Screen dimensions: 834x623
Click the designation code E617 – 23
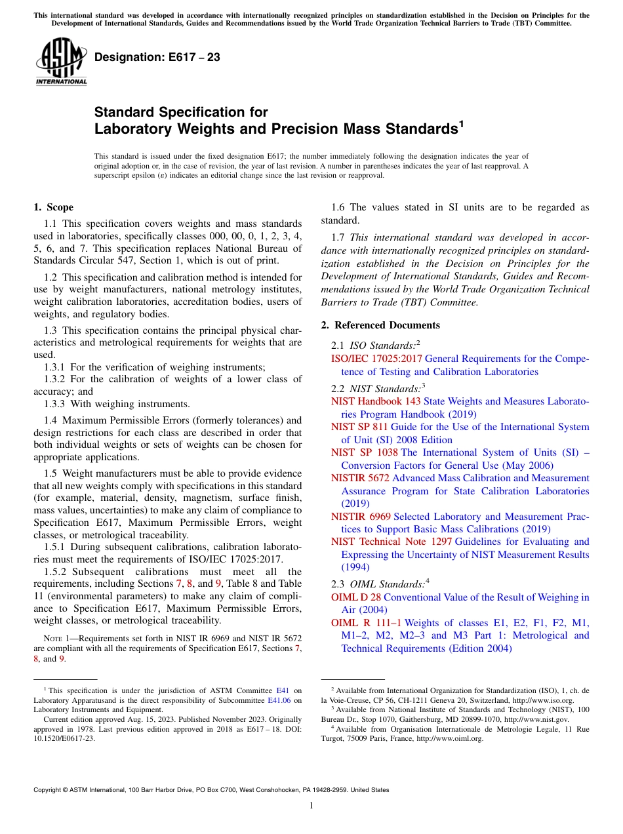157,58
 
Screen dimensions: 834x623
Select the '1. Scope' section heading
53,207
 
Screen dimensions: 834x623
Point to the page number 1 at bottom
311,806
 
